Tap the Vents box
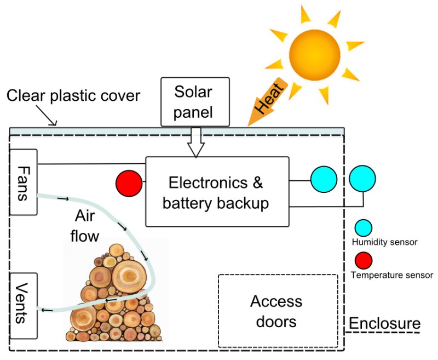pyautogui.click(x=24, y=305)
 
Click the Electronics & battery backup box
pyautogui.click(x=217, y=191)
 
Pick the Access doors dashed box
pyautogui.click(x=278, y=311)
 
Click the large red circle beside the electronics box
pyautogui.click(x=129, y=182)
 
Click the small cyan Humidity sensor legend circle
pyautogui.click(x=364, y=228)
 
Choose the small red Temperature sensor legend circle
pyautogui.click(x=364, y=260)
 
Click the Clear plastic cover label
pyautogui.click(x=73, y=96)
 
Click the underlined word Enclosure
pyautogui.click(x=384, y=323)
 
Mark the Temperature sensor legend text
pyautogui.click(x=391, y=275)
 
